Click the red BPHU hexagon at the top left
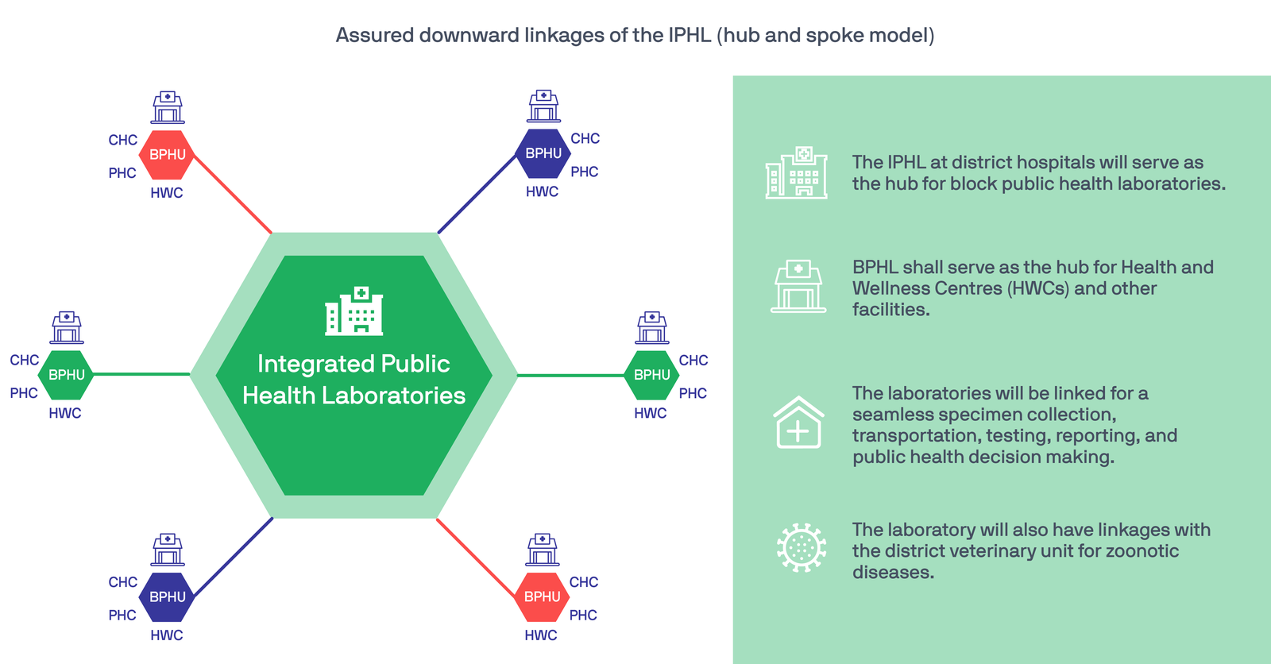pyautogui.click(x=167, y=154)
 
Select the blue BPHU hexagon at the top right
pyautogui.click(x=543, y=153)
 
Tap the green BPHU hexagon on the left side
pyautogui.click(x=67, y=375)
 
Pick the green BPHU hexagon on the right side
pyautogui.click(x=652, y=375)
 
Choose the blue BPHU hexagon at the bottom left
pyautogui.click(x=167, y=596)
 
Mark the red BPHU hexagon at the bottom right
pyautogui.click(x=543, y=596)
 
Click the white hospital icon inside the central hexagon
pyautogui.click(x=354, y=311)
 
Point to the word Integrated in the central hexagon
pyautogui.click(x=307, y=364)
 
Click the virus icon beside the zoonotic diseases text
pyautogui.click(x=801, y=548)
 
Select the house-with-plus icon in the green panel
pyautogui.click(x=798, y=423)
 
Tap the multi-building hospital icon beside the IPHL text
pyautogui.click(x=796, y=172)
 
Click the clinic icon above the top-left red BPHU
pyautogui.click(x=168, y=107)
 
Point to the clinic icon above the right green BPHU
pyautogui.click(x=652, y=327)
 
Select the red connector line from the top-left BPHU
pyautogui.click(x=232, y=193)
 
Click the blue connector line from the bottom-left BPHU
pyautogui.click(x=234, y=558)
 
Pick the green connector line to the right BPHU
pyautogui.click(x=570, y=375)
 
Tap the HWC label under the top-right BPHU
pyautogui.click(x=542, y=191)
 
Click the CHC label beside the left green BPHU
pyautogui.click(x=25, y=360)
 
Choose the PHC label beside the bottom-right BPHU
pyautogui.click(x=583, y=615)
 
